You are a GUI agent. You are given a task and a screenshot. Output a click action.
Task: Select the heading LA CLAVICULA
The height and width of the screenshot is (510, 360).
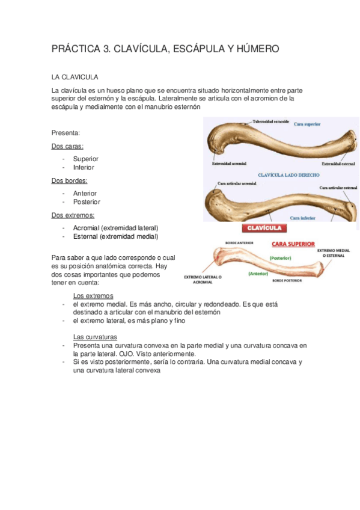[x=75, y=78]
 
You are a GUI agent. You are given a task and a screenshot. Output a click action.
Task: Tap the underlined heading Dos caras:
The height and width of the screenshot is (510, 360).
[x=67, y=146]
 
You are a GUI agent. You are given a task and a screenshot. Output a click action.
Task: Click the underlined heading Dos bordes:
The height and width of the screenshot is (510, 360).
[x=69, y=180]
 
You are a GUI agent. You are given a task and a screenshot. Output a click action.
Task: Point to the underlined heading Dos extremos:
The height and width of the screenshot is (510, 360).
[x=73, y=215]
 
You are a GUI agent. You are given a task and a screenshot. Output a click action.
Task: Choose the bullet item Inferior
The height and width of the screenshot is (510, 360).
[x=84, y=167]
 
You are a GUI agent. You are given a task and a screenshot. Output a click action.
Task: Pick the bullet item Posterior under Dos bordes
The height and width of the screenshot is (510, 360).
[x=86, y=202]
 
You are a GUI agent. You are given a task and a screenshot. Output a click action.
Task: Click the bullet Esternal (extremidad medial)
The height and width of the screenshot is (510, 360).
[x=115, y=236]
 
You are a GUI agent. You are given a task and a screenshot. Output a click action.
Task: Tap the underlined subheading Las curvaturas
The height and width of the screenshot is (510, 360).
[x=95, y=337]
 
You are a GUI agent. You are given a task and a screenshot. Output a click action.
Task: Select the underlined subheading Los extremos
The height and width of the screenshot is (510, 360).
[x=93, y=296]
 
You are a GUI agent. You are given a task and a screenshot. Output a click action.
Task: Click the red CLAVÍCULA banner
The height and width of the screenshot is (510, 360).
[x=264, y=229]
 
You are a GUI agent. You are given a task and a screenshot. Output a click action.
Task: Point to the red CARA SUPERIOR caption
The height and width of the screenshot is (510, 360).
[x=293, y=245]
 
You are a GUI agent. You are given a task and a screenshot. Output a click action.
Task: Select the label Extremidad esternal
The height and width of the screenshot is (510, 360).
[x=337, y=163]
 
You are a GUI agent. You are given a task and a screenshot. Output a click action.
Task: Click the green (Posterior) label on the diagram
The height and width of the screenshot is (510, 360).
[x=280, y=257]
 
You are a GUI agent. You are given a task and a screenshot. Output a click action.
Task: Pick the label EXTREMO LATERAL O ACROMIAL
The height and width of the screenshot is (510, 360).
[x=203, y=280]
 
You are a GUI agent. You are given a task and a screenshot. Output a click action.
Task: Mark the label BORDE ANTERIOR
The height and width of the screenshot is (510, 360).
[x=239, y=243]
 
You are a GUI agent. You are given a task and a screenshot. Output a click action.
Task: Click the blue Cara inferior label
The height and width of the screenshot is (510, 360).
[x=304, y=218]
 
